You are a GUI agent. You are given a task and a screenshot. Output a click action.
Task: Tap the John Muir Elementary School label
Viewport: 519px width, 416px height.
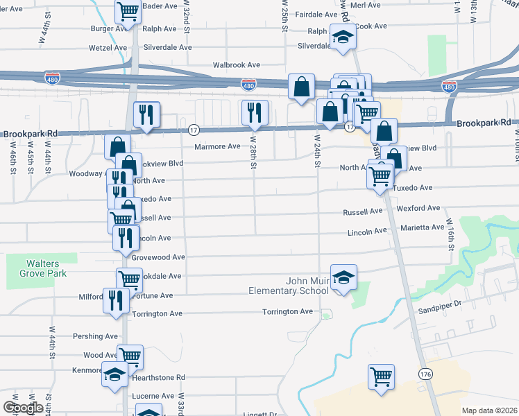coord(288,286)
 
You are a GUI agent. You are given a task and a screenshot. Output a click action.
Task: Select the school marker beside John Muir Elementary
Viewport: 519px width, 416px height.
coord(343,277)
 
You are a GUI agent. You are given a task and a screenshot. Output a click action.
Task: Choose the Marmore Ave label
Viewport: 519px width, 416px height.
coord(217,146)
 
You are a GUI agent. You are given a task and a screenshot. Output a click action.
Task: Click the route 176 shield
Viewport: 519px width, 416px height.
coord(425,374)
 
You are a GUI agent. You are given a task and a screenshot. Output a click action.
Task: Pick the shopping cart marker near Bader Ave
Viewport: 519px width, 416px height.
coord(128,11)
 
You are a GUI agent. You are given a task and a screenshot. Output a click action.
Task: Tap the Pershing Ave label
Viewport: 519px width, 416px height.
coord(96,336)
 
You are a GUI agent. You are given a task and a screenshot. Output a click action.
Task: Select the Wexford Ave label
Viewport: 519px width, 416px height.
coord(418,208)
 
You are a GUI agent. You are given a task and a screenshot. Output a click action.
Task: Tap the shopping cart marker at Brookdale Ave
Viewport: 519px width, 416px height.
coord(130,279)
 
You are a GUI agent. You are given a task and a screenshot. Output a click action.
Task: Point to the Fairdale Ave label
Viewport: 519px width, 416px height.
coord(316,14)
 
